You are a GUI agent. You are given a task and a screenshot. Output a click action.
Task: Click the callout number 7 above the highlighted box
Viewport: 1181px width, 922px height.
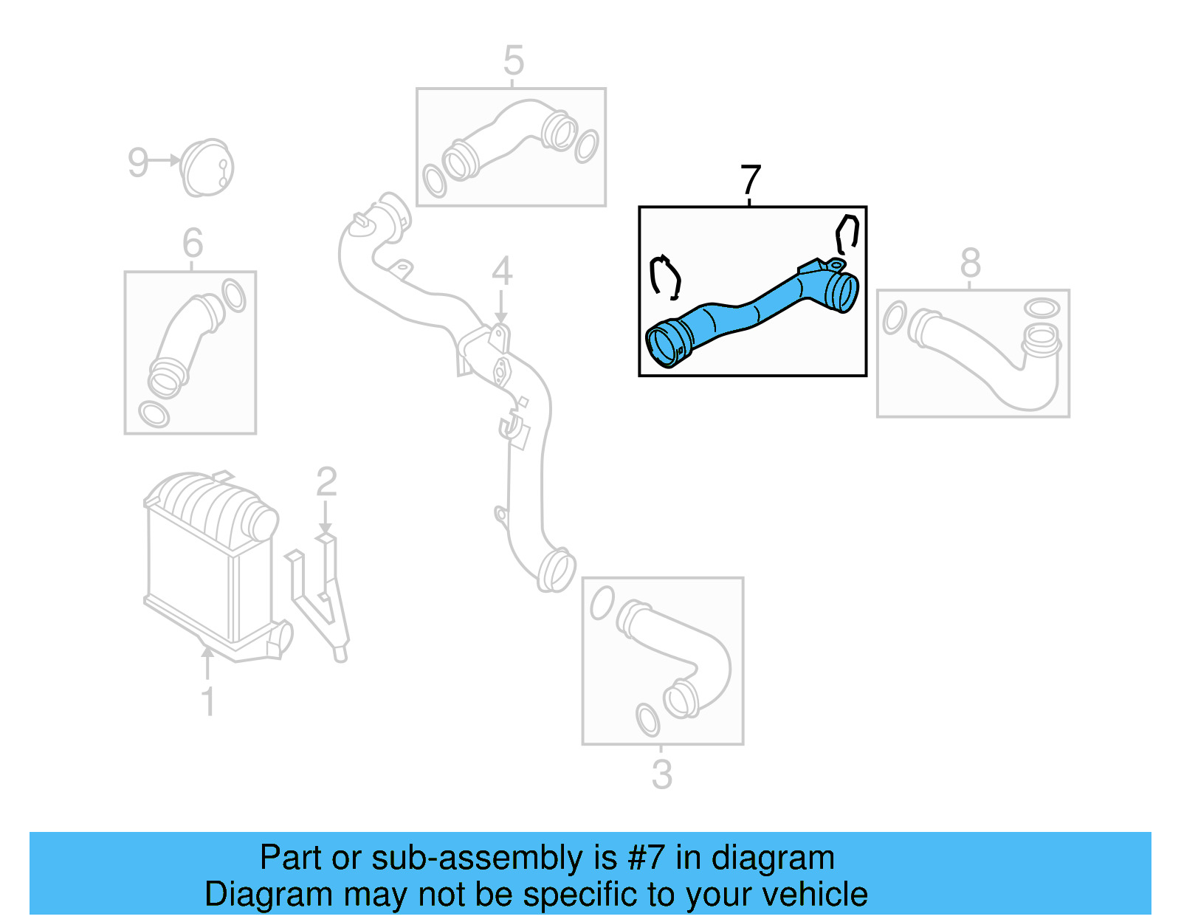(750, 180)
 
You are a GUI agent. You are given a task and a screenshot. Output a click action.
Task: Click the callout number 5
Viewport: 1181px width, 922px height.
(513, 61)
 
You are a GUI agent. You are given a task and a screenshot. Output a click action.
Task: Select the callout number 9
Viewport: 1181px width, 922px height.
(138, 162)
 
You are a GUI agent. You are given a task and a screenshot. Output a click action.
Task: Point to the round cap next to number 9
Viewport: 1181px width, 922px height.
(207, 168)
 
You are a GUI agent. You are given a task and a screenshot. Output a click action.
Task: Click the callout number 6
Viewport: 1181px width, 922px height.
(192, 243)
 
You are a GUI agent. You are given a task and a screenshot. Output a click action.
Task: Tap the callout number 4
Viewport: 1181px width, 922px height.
(502, 272)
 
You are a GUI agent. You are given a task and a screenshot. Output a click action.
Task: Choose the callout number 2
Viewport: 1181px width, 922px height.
(326, 482)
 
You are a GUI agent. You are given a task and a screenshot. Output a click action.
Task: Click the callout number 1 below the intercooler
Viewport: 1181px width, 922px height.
(208, 701)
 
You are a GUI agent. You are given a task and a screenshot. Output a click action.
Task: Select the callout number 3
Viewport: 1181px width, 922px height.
(661, 774)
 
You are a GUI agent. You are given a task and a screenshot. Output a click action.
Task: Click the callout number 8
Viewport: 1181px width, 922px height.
(970, 263)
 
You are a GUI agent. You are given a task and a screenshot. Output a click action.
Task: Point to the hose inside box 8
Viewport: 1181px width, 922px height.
(982, 362)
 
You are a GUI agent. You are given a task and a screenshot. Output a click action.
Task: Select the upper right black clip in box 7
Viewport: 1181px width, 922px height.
(847, 233)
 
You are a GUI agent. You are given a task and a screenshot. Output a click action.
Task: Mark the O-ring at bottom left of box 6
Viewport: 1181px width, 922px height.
(154, 413)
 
